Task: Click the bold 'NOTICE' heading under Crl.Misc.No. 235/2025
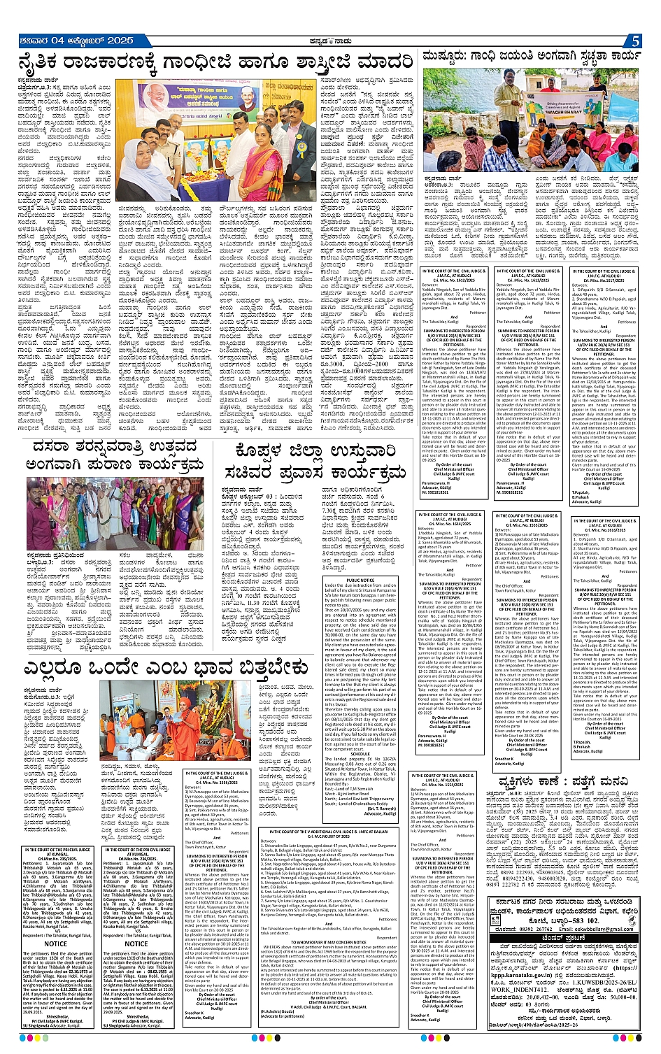pos(56,943)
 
